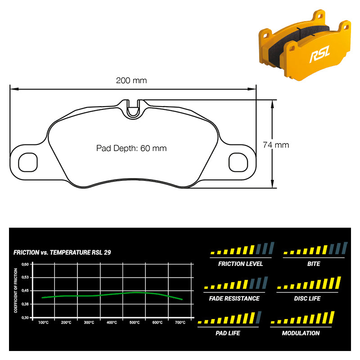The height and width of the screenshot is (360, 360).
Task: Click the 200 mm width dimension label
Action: [131, 81]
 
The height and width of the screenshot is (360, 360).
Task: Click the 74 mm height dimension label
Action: [276, 145]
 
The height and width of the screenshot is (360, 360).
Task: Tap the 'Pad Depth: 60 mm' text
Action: [131, 148]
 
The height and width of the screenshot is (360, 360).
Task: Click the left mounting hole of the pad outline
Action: [28, 162]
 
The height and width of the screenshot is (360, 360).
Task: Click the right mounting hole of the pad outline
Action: [238, 162]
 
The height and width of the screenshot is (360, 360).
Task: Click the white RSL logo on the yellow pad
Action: [319, 54]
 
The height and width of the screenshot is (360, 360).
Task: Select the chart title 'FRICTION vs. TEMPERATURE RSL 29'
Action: [62, 252]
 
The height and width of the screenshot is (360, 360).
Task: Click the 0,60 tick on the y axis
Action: [25, 264]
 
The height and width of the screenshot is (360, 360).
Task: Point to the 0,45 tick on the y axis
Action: [25, 291]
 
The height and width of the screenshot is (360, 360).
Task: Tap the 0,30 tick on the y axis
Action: [25, 318]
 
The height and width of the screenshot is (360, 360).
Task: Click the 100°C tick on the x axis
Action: [43, 323]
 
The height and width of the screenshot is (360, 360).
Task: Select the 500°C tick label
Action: [135, 323]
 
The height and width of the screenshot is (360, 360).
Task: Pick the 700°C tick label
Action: [180, 323]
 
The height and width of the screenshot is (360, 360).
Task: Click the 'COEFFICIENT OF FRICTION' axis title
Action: [16, 290]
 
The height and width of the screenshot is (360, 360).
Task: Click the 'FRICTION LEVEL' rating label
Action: [240, 264]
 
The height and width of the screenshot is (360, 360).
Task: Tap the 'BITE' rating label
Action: [314, 264]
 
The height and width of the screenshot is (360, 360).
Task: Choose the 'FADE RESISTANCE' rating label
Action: [234, 298]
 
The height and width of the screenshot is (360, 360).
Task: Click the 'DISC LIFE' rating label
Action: [307, 298]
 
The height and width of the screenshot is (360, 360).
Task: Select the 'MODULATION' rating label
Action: [301, 333]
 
